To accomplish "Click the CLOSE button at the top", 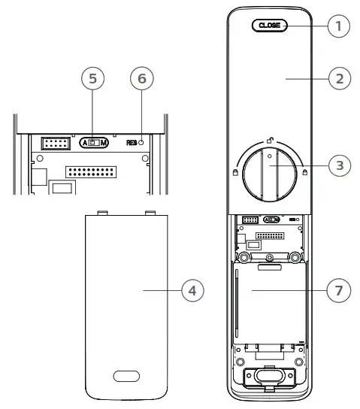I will pos(268,25).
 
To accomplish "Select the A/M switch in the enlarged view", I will pos(94,142).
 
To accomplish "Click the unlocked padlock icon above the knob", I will pos(268,139).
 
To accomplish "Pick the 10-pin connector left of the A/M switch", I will pos(55,143).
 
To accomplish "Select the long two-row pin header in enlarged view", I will pos(91,174).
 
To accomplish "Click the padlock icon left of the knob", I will pos(235,172).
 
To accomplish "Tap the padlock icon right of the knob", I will pos(304,172).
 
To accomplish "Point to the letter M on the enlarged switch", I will pos(104,142).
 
